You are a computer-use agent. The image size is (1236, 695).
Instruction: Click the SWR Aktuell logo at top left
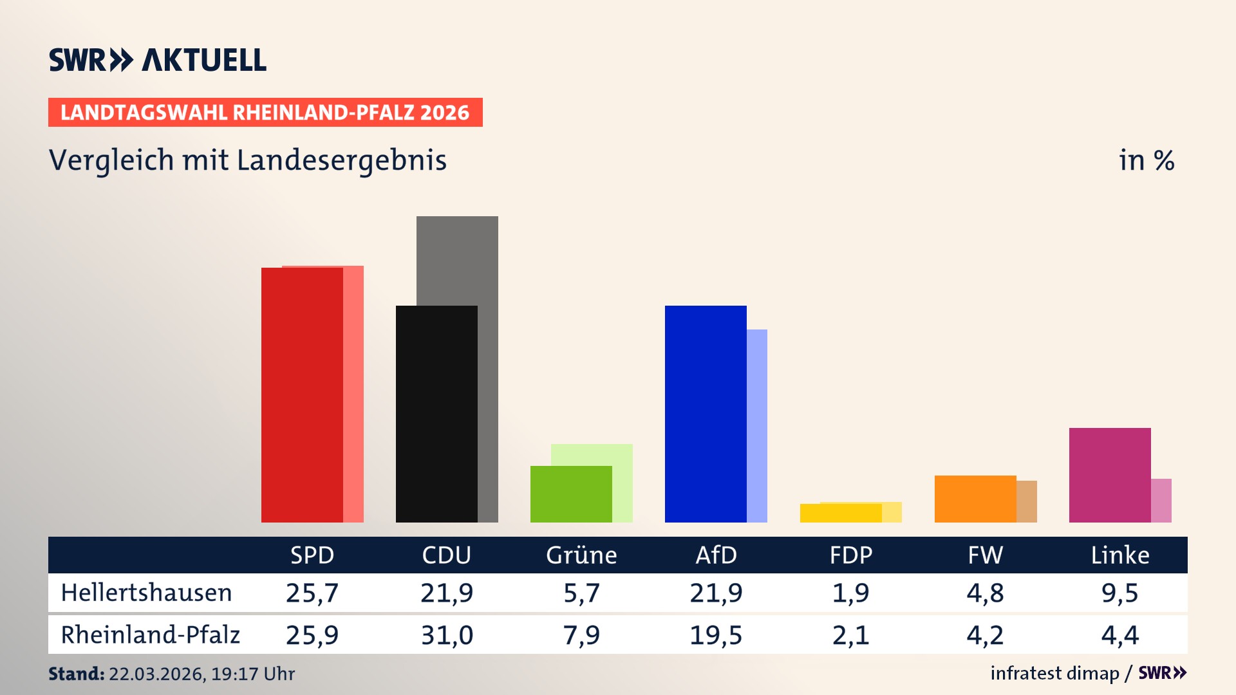coord(157,60)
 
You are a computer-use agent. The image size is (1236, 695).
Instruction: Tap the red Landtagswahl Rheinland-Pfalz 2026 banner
coord(265,113)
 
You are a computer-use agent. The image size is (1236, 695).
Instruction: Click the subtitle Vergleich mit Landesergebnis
coord(247,160)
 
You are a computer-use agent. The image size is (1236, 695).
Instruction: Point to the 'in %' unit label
coord(1146,160)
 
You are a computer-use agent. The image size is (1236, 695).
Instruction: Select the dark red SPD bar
coord(301,395)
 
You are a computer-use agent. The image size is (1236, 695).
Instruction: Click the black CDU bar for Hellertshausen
coord(436,414)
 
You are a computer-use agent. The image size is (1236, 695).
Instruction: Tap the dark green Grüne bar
coord(570,494)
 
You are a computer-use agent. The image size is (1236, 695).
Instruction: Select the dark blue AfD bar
coord(705,414)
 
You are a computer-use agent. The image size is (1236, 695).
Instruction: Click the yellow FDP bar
coord(840,513)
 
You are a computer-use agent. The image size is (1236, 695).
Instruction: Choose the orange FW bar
coord(975,499)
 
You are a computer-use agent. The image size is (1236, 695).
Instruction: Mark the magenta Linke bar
coord(1109,475)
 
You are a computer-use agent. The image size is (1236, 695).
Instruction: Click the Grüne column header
coord(581,555)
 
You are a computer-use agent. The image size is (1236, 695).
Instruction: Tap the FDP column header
coord(850,555)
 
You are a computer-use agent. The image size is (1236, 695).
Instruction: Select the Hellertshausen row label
coord(146,593)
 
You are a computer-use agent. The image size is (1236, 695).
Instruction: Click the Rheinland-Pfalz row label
coord(150,635)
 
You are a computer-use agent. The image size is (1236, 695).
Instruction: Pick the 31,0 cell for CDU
coord(447,635)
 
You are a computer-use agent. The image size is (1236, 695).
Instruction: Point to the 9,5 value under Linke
coord(1119,593)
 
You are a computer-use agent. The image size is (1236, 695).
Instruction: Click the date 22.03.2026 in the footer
coord(156,674)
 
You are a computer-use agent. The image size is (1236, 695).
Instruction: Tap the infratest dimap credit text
coord(1054,673)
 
